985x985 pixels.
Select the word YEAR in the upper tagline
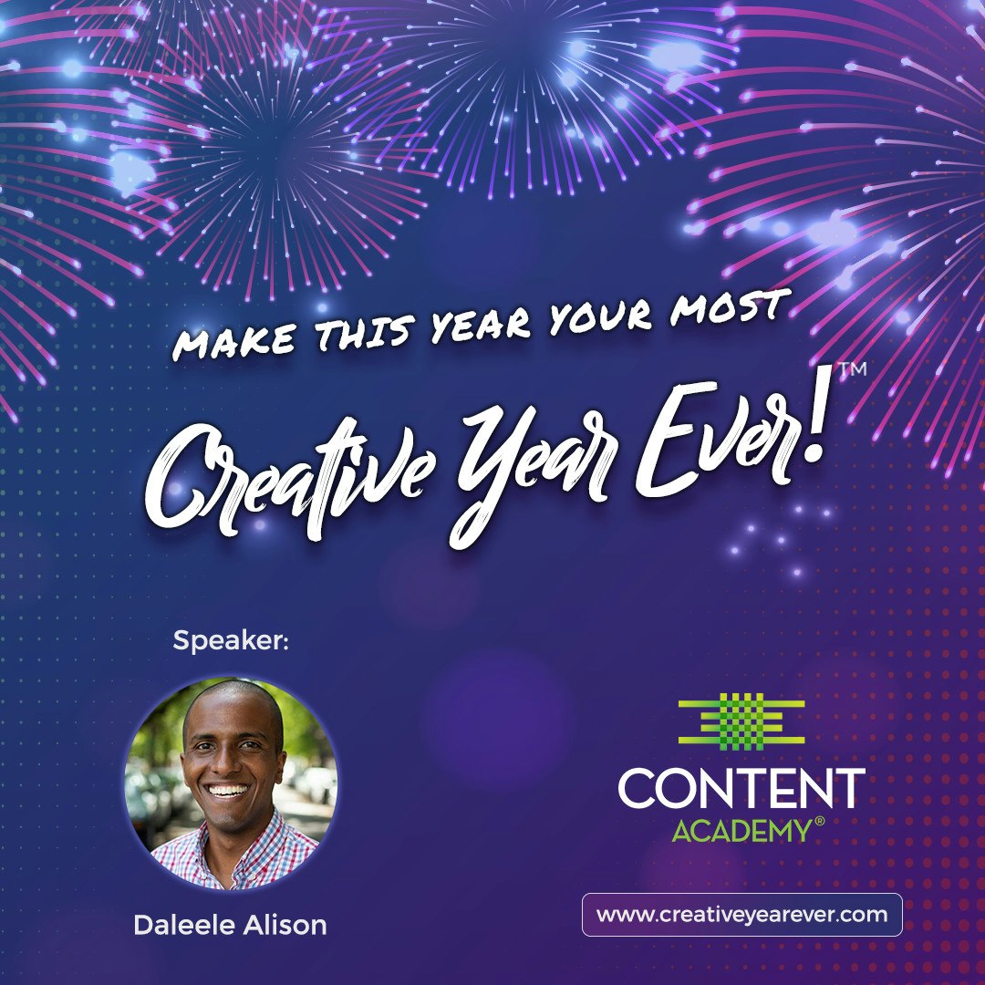(479, 324)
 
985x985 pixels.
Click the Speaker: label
(231, 641)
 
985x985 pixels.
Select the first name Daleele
(186, 925)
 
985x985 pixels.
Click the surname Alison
(284, 925)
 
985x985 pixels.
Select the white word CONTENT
(741, 789)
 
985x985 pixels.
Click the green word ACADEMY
(741, 831)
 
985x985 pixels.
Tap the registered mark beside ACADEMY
(818, 823)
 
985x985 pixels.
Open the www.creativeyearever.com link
(741, 915)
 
